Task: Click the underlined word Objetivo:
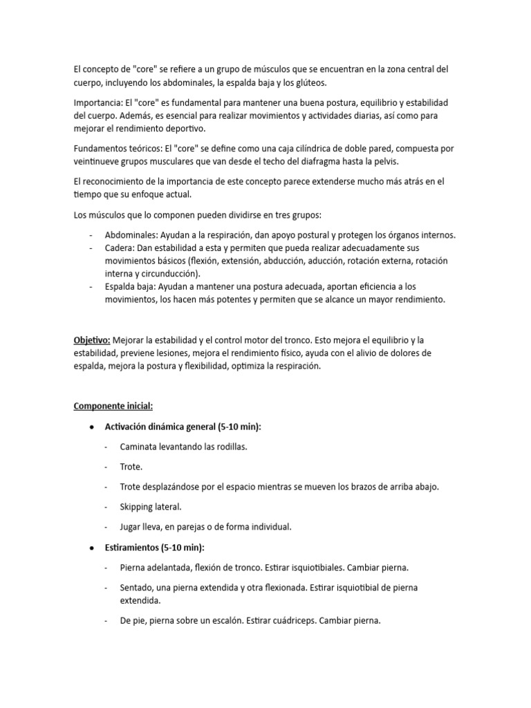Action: pos(92,340)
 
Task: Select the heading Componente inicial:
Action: pos(113,406)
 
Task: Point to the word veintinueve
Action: pos(97,161)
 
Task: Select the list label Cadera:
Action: pos(120,248)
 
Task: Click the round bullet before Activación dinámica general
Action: pos(92,427)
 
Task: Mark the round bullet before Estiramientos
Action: pos(92,548)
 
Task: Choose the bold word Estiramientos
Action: pos(131,548)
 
